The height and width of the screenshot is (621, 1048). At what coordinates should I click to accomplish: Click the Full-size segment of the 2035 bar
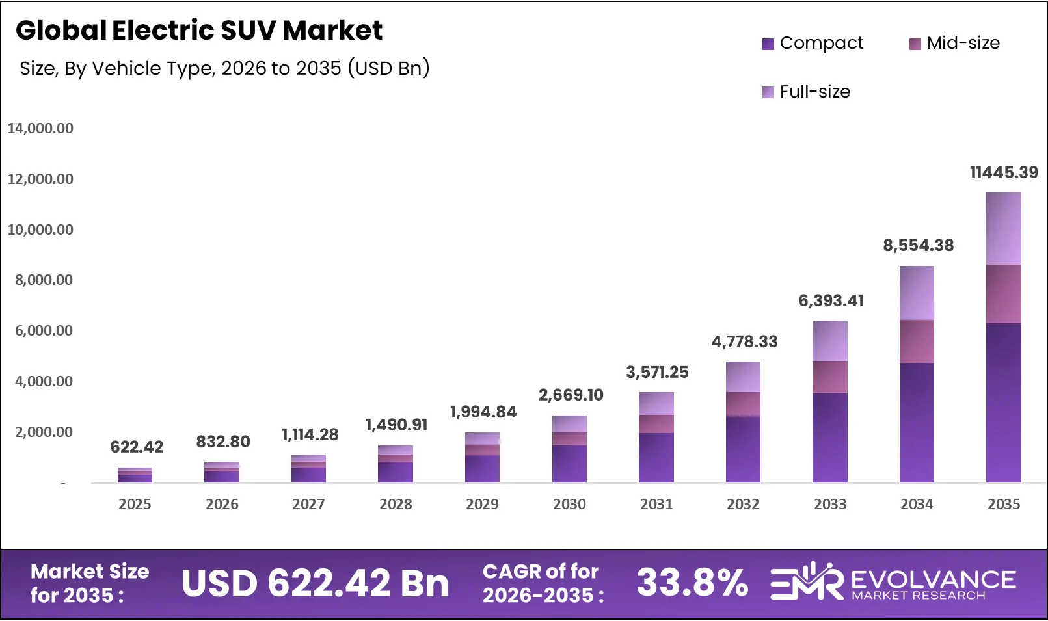point(1003,229)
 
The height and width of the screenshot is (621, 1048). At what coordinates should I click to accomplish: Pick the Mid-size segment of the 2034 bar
point(917,341)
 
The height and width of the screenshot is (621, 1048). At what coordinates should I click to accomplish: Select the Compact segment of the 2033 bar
point(829,438)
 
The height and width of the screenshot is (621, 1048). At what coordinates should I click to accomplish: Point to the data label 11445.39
point(1003,173)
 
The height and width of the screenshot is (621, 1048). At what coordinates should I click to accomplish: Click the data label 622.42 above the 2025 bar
point(137,447)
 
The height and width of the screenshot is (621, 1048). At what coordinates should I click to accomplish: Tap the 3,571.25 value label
point(657,373)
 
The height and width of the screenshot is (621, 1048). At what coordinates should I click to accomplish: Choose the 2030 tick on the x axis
point(569,505)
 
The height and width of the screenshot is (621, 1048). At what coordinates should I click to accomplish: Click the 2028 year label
point(396,505)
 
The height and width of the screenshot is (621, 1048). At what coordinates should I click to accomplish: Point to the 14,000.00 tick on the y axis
point(40,129)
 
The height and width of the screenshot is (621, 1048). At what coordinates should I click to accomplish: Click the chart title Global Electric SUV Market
point(199,31)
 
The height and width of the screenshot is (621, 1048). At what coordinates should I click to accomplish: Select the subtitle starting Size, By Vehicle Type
point(224,68)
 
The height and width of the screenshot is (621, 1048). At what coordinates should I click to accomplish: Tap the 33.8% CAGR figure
point(692,583)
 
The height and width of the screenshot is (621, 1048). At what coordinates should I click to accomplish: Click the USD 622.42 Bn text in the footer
point(315,583)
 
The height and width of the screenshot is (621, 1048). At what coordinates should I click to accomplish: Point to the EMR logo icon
point(806,581)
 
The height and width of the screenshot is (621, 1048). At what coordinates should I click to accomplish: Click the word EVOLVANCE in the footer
point(933,579)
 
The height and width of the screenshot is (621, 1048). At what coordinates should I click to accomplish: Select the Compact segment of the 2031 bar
point(656,458)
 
